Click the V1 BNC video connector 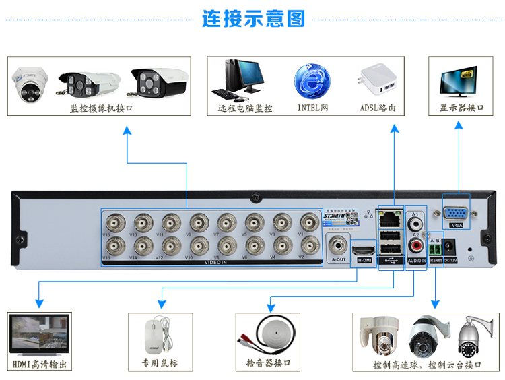pyautogui.click(x=310, y=221)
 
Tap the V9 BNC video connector pyautogui.click(x=199, y=221)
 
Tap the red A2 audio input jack pyautogui.click(x=417, y=245)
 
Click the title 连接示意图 pyautogui.click(x=254, y=18)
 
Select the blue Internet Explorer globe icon pyautogui.click(x=312, y=82)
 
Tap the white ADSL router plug pyautogui.click(x=378, y=82)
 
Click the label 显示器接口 pyautogui.click(x=462, y=108)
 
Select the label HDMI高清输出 pyautogui.click(x=40, y=365)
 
